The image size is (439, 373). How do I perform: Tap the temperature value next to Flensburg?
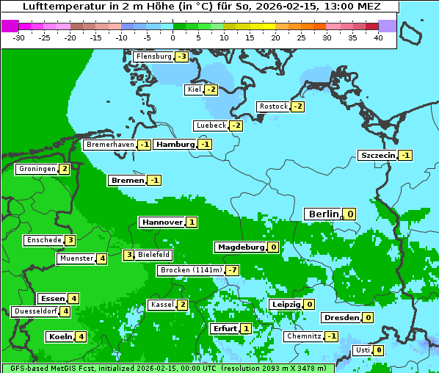pos(181,57)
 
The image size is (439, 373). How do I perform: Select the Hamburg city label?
pos(175,145)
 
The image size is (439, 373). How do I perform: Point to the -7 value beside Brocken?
pos(232,270)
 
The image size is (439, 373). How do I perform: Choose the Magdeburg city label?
pos(239,247)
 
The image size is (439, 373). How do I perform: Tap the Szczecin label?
pos(377,155)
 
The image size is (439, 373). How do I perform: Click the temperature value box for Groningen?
pos(65,169)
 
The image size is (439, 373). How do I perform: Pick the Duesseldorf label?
pos(35,311)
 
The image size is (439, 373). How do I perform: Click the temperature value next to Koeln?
pos(81,337)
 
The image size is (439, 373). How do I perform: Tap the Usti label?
pos(362,350)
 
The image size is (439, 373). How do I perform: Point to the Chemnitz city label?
pos(303,336)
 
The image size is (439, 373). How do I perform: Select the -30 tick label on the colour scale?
pos(19,37)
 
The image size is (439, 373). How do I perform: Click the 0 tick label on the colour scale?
pos(173,37)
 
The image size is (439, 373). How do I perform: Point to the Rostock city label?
pos(274,106)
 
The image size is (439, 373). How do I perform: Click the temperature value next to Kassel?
pos(182,305)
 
